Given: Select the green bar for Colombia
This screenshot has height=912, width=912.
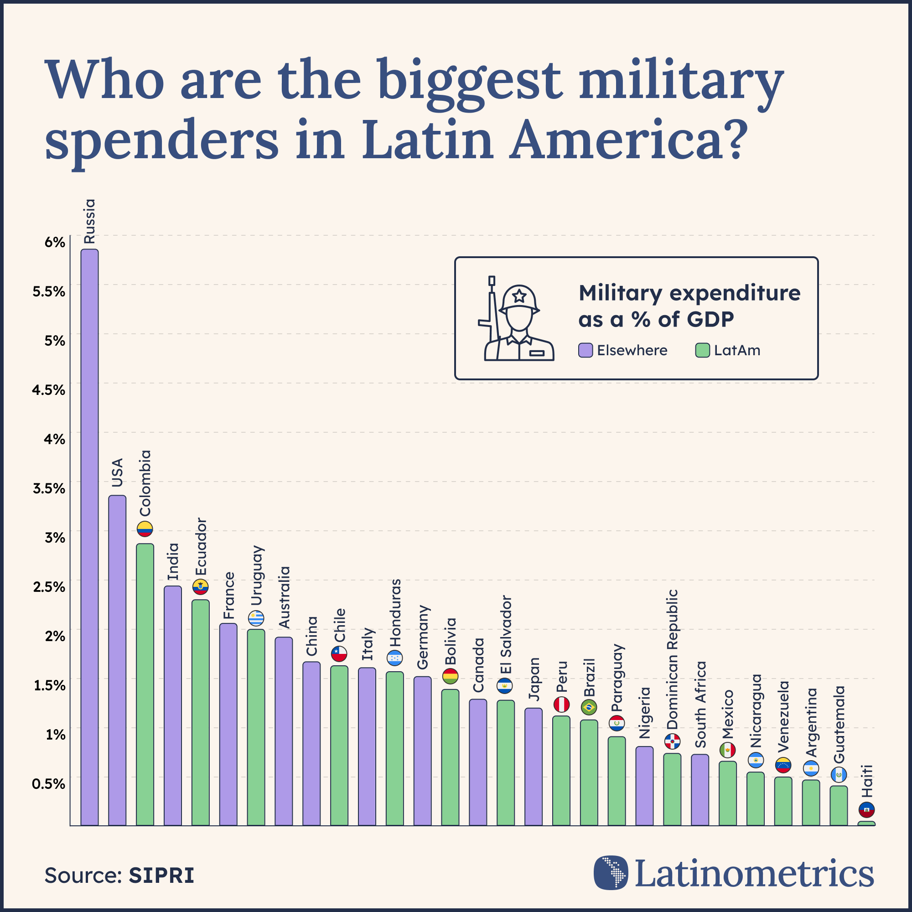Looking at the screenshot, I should click(145, 684).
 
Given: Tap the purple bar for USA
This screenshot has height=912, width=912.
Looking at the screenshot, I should click(117, 661).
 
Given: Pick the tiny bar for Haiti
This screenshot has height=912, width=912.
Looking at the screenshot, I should click(866, 824).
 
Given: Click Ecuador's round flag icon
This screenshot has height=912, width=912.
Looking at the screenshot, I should click(200, 587).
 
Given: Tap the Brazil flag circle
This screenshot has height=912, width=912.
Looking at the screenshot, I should click(589, 707).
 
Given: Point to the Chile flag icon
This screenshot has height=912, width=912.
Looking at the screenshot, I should click(339, 654).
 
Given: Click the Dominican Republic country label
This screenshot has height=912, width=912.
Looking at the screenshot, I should click(672, 659).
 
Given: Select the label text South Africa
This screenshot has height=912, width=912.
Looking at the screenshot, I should click(700, 705).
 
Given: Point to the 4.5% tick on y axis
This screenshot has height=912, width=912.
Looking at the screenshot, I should click(48, 390).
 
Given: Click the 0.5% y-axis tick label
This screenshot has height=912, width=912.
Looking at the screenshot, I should click(48, 784).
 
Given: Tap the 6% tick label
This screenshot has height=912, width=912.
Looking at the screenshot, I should click(55, 242).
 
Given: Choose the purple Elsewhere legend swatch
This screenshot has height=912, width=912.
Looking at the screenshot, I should click(586, 350).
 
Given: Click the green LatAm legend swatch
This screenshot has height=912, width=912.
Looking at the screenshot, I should click(702, 350).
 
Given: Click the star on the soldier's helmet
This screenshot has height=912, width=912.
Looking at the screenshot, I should click(519, 296).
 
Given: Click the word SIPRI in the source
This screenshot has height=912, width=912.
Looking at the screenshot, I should click(161, 876).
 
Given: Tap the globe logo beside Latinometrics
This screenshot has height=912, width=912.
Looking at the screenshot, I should click(611, 873).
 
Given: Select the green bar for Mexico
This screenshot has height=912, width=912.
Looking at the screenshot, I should click(727, 793).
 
